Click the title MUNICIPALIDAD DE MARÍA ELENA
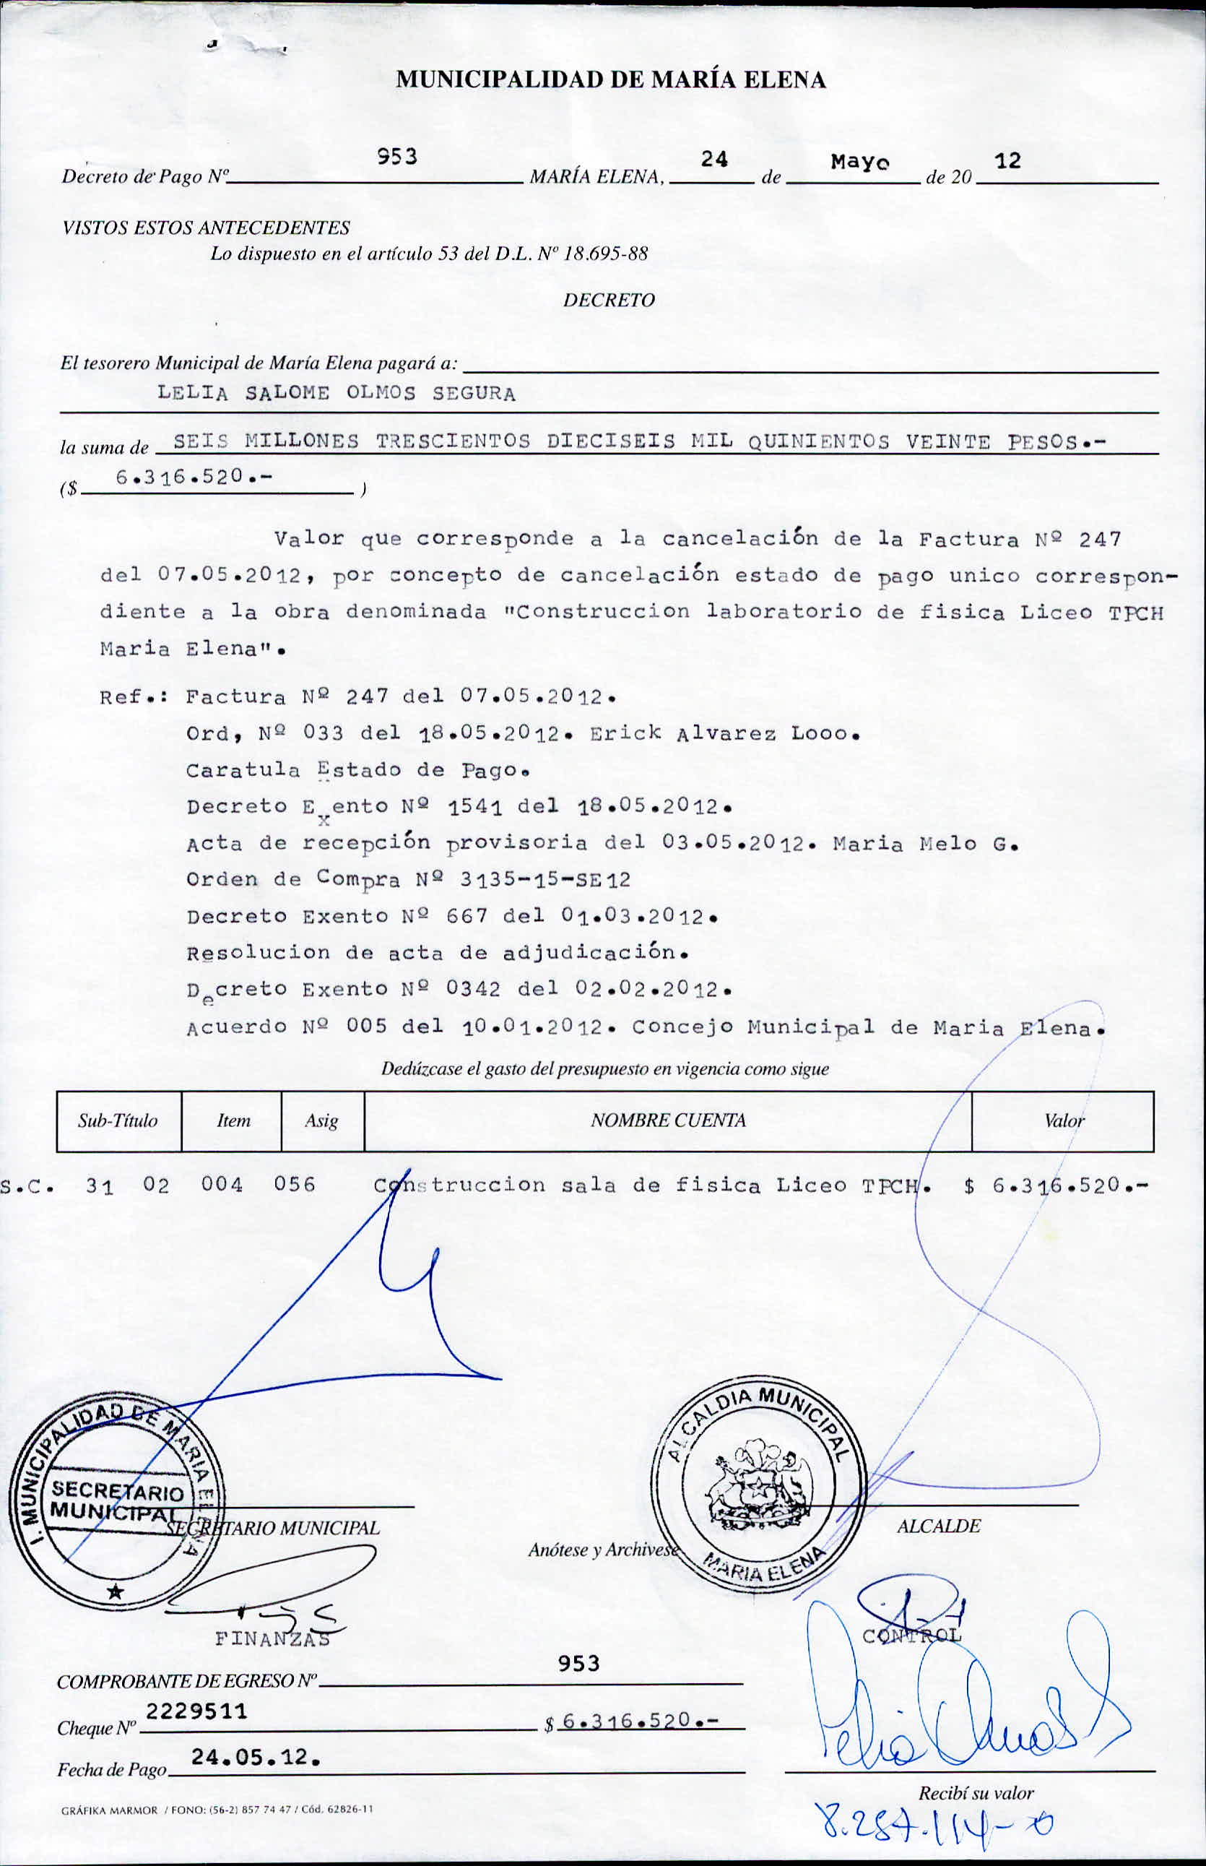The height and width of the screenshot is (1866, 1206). click(610, 80)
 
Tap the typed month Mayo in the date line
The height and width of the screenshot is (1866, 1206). click(860, 162)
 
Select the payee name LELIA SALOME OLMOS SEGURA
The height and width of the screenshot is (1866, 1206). click(336, 393)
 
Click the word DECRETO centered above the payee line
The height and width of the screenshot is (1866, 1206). click(609, 300)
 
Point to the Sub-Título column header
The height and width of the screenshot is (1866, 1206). click(118, 1121)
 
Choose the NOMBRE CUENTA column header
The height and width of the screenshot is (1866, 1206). click(667, 1121)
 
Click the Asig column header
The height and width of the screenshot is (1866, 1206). click(321, 1121)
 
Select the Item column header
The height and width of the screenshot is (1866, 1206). click(233, 1121)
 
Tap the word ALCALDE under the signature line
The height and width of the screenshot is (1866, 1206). click(938, 1526)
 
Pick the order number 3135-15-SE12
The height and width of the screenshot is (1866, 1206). click(545, 880)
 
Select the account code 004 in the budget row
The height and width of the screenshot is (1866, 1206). click(222, 1184)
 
